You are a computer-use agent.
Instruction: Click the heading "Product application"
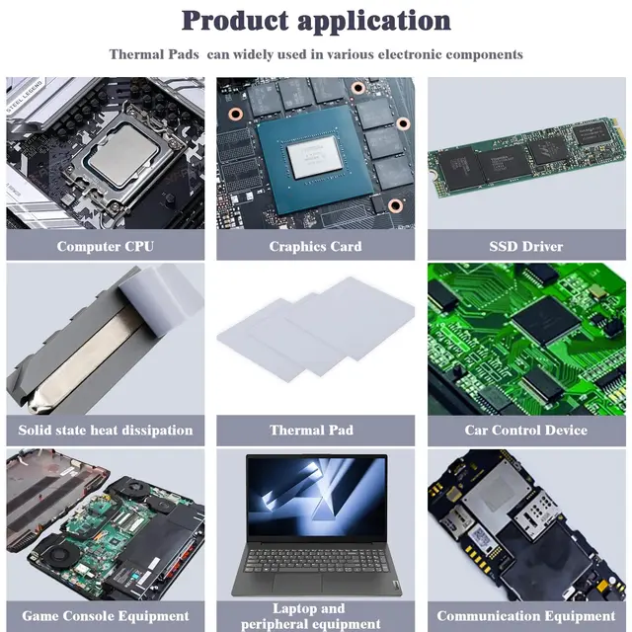316,20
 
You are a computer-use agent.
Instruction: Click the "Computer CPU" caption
106,246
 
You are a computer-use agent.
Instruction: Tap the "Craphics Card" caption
316,246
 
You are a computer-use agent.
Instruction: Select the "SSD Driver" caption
526,246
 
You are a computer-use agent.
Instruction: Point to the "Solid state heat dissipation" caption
106,430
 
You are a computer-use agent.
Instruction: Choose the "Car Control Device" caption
526,430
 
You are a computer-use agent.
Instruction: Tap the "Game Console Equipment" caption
106,616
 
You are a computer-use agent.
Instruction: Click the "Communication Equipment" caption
526,616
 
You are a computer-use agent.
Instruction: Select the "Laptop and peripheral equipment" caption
308,616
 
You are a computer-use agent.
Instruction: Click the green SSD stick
526,153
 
